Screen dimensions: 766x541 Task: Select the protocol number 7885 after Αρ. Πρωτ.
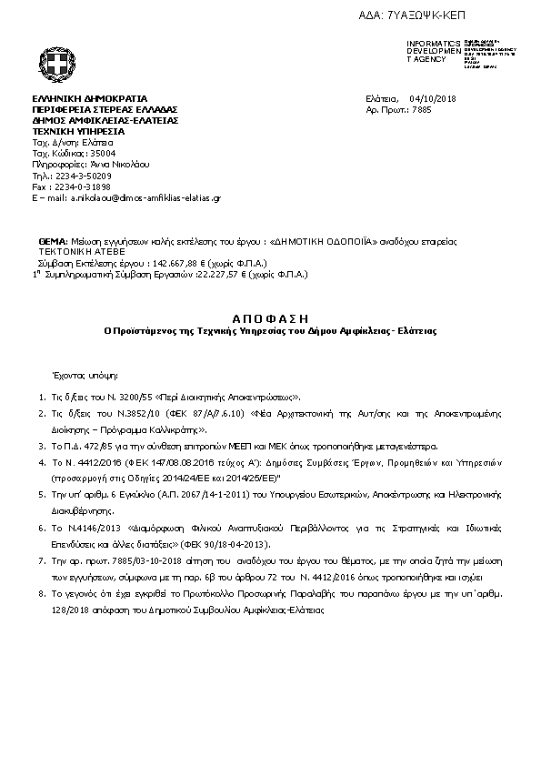click(422, 109)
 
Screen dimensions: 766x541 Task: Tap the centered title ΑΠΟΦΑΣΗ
click(270, 317)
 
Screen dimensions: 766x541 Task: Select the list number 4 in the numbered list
click(42, 462)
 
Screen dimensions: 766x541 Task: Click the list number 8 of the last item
click(42, 592)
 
